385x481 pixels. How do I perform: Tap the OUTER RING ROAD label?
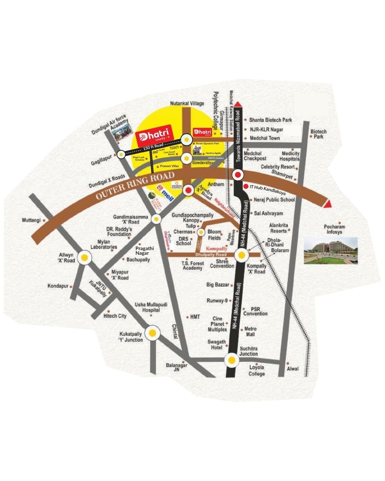coord(136,186)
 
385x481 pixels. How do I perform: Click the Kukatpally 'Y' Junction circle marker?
coord(153,333)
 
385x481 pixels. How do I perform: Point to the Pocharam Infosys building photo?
coord(331,251)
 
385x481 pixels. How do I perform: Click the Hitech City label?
coord(115,316)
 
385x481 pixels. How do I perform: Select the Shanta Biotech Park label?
coord(271,120)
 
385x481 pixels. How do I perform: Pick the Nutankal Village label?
coord(187,103)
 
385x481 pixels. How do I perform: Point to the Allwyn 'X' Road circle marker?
coord(84,257)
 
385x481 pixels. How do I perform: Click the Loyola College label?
coord(257,371)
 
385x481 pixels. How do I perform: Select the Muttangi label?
coord(31,220)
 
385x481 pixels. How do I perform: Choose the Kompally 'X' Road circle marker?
coord(242,255)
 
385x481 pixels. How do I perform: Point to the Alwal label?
coord(293,368)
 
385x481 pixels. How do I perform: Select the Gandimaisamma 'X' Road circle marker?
coord(156,219)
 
